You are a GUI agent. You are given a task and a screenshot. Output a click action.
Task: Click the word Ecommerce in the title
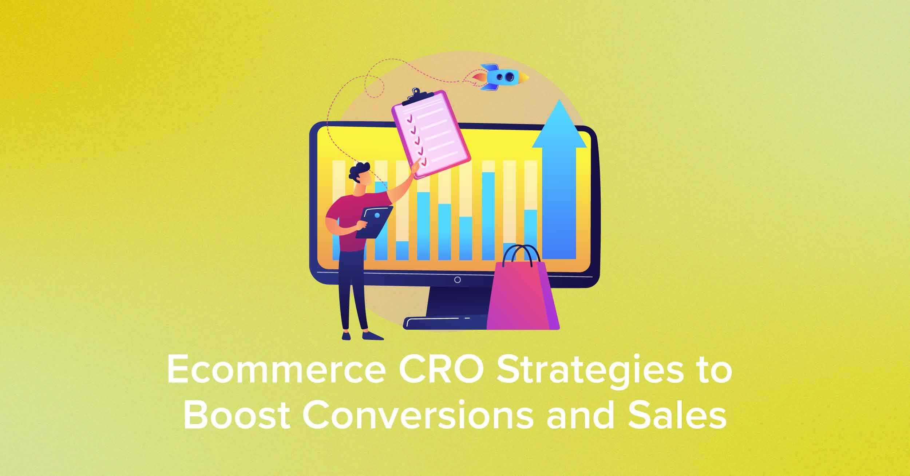coord(276,370)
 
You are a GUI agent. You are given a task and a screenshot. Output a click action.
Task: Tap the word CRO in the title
coord(441,370)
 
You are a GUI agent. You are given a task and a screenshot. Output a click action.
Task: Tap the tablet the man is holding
coord(374,222)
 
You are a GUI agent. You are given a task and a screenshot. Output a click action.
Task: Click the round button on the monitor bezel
coord(458,280)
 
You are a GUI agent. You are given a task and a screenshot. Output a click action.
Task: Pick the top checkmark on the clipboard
coord(411,119)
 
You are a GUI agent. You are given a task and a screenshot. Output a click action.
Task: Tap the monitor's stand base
coord(446,323)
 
